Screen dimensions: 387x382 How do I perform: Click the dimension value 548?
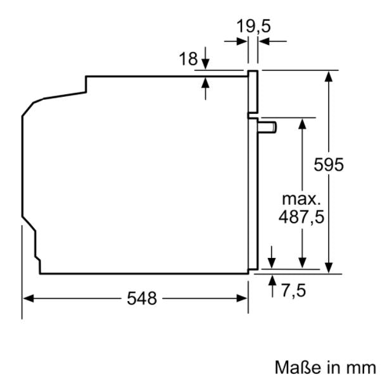click(x=142, y=299)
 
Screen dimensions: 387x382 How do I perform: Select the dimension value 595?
click(x=329, y=164)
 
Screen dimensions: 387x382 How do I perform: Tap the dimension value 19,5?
click(x=253, y=26)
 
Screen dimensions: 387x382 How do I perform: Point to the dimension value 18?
click(x=188, y=59)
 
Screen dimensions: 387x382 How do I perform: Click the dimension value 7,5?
click(x=293, y=290)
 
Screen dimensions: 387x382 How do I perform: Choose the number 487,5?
click(x=301, y=217)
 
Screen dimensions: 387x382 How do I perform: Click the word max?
click(x=301, y=199)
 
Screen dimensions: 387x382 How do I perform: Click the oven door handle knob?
click(x=267, y=127)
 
